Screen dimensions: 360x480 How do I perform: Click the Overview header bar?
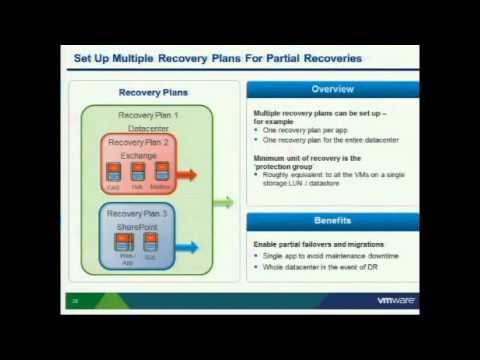coord(332,90)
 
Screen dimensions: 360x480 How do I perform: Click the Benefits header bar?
coord(332,220)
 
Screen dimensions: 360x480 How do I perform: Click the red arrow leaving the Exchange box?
coord(186,175)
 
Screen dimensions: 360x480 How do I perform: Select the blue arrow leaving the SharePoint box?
coord(186,247)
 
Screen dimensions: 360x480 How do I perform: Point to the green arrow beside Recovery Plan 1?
coord(223,202)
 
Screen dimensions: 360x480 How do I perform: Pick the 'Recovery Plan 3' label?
coord(138,214)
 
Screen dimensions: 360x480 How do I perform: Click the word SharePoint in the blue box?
coord(138,227)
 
